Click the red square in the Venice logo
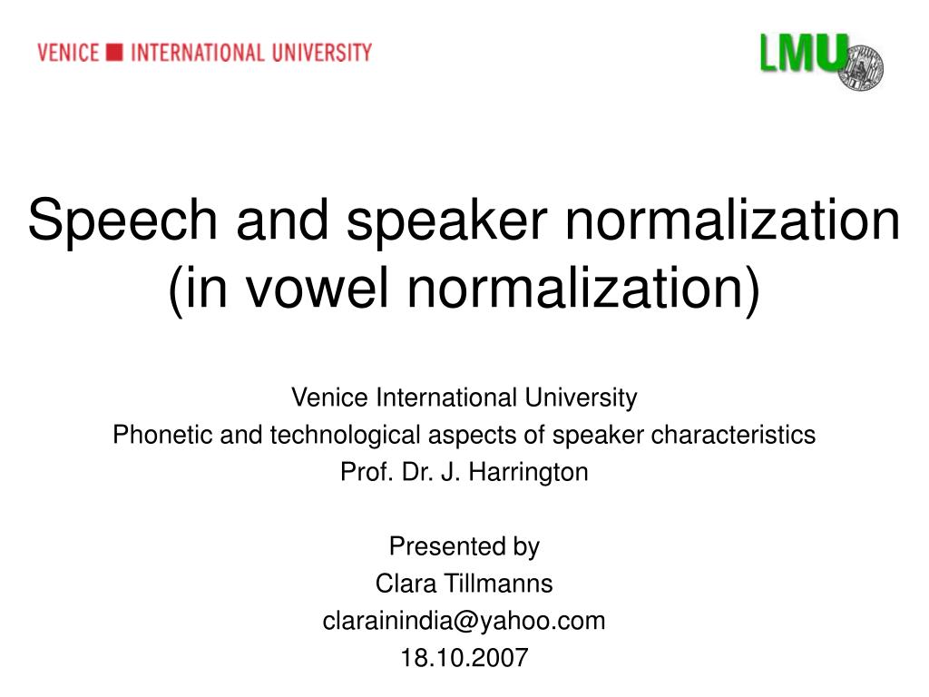click(x=114, y=52)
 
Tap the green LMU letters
click(x=804, y=53)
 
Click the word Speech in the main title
click(x=122, y=221)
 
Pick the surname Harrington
click(x=529, y=473)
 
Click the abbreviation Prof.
click(x=365, y=472)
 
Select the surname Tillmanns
click(x=498, y=584)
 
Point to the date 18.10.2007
click(x=464, y=658)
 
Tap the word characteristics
click(x=733, y=435)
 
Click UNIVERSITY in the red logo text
click(x=322, y=53)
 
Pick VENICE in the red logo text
click(x=67, y=53)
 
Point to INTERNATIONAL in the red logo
click(x=197, y=53)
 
